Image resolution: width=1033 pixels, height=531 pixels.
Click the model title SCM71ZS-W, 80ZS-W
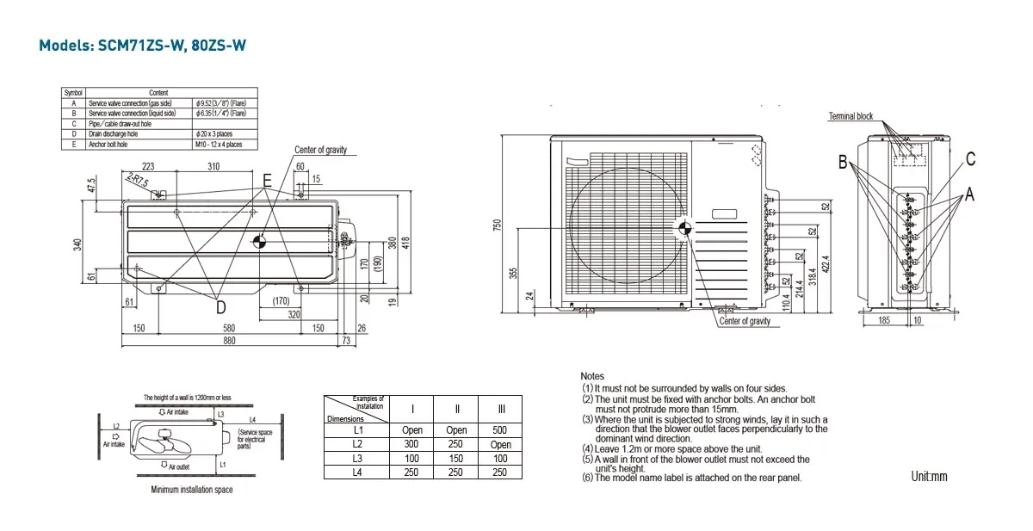coord(142,46)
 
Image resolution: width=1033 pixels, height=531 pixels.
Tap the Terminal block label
coord(851,116)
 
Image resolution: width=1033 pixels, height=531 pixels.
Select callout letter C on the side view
coord(970,158)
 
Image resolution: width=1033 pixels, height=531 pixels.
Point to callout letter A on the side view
coord(969,195)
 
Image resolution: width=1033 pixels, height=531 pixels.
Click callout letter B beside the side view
coord(844,162)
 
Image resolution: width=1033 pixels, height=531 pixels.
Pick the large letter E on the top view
coord(267,181)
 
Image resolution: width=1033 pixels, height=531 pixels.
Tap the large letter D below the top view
coord(220,306)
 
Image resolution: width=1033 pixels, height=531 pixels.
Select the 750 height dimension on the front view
coord(497,225)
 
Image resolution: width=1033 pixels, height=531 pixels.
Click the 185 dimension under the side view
coord(884,320)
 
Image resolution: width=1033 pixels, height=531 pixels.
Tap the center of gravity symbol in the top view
coord(261,242)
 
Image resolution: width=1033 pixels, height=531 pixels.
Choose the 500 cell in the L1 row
coord(500,429)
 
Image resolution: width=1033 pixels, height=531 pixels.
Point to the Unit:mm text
coord(929,476)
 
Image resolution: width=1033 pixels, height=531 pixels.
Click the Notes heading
coord(592,376)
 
